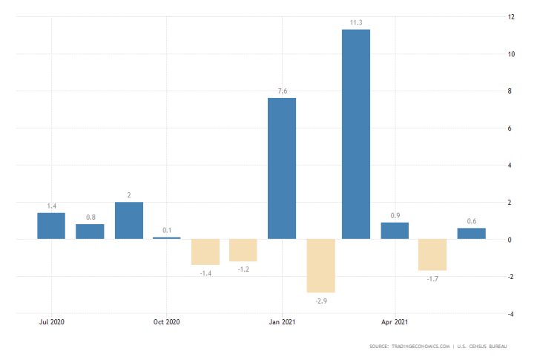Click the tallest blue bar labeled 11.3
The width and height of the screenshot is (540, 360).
[x=356, y=134]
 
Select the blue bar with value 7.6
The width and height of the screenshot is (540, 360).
[x=282, y=168]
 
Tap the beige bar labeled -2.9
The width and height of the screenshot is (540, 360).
[x=320, y=266]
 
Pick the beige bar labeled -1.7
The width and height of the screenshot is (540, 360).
[x=432, y=255]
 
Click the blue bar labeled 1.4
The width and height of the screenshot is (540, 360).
[x=51, y=226]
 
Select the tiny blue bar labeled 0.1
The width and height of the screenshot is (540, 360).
[x=166, y=238]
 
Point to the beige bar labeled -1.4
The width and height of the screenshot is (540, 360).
[x=205, y=252]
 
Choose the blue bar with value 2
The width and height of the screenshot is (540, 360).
[x=128, y=220]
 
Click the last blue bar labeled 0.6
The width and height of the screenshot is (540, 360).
[x=471, y=233]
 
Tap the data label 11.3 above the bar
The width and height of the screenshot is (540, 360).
[x=356, y=22]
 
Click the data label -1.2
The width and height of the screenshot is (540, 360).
[x=243, y=269]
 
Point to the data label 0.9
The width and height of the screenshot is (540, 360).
[x=395, y=216]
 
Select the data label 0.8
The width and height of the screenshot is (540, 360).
[x=90, y=217]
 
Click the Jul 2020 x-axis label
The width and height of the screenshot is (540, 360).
[x=51, y=322]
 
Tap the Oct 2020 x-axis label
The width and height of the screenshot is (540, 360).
[x=166, y=322]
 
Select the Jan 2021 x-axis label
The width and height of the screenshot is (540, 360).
[x=281, y=322]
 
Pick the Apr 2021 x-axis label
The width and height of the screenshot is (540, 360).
[x=395, y=322]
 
